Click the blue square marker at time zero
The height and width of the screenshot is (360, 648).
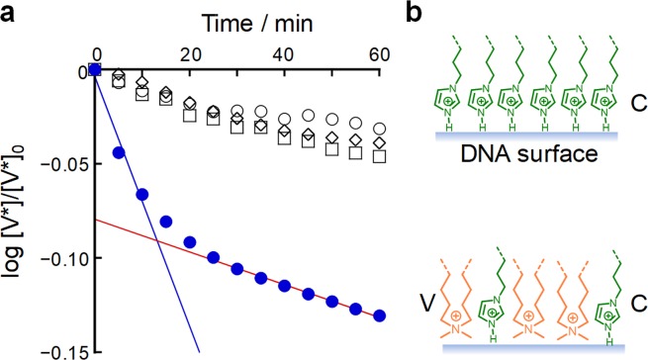coord(95,70)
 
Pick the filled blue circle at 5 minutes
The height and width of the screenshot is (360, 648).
coord(119,152)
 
